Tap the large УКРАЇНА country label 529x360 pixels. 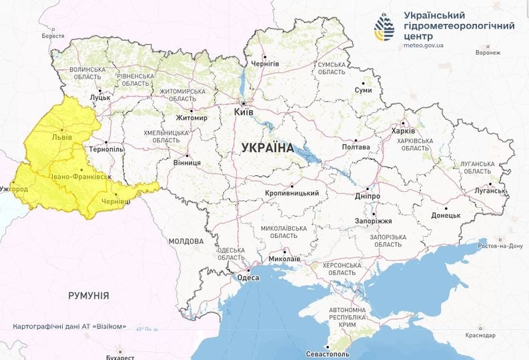[x=263, y=147]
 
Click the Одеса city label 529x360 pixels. [x=249, y=278]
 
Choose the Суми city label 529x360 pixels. [x=363, y=90]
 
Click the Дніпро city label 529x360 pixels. [x=367, y=197]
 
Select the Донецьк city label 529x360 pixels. [x=446, y=215]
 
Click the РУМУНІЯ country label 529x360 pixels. [x=89, y=295]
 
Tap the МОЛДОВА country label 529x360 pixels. [x=185, y=241]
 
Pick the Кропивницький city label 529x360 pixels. [x=292, y=193]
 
